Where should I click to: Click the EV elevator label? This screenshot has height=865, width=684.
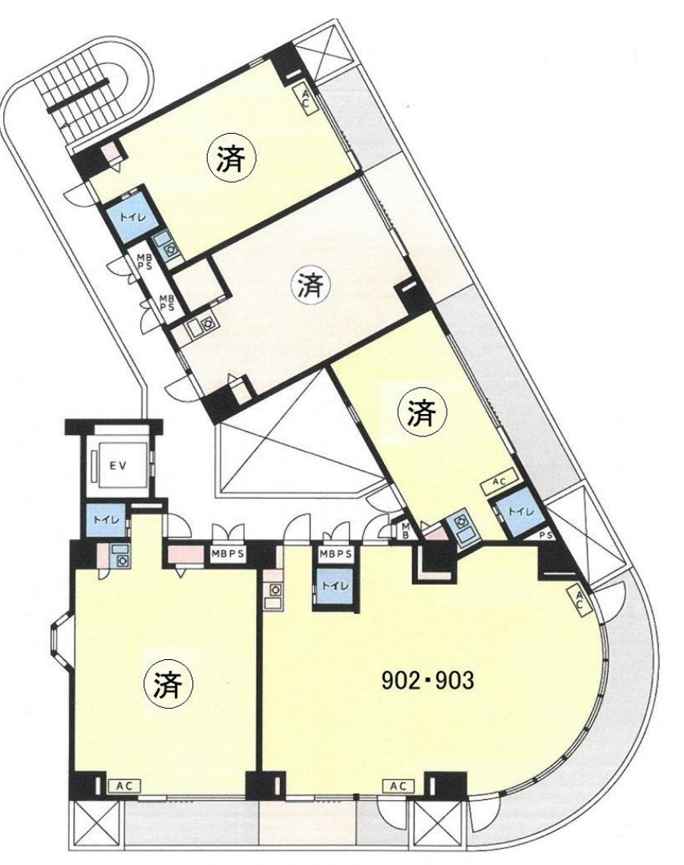117,465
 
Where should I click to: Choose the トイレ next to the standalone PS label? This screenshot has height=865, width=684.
520,512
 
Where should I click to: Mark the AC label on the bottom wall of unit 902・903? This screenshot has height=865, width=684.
399,787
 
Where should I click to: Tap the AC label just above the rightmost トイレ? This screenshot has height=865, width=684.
500,482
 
